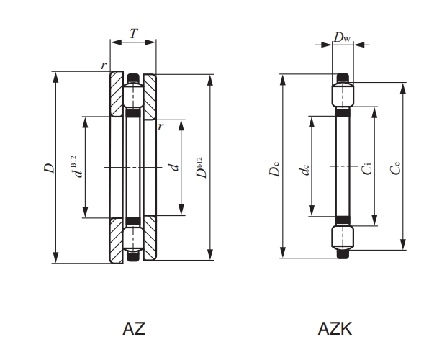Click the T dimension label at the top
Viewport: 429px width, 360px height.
133,34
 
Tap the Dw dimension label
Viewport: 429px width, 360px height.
342,37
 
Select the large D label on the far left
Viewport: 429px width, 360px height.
50,168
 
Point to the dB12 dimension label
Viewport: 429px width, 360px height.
77,166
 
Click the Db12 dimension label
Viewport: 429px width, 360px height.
202,167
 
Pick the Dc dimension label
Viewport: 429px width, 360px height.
274,168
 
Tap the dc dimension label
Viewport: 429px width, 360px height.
304,169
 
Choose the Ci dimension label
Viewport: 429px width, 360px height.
366,168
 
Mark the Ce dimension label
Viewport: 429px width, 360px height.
396,168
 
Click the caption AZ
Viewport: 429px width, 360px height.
134,328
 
